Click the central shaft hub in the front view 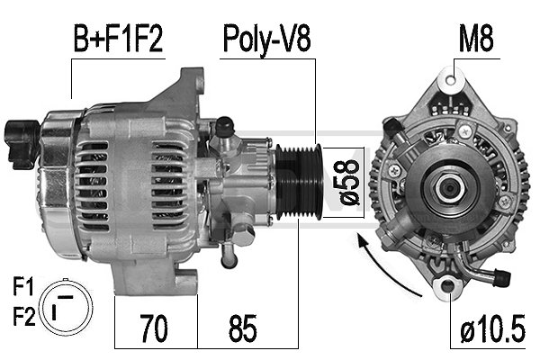[447, 188]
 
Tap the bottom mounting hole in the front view [446, 287]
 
